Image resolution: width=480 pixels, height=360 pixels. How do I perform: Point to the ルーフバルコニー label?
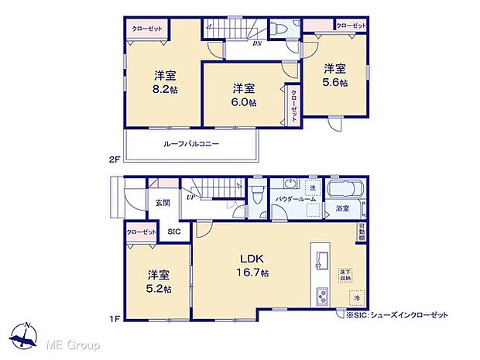click(190, 144)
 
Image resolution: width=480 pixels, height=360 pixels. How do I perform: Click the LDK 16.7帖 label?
click(253, 266)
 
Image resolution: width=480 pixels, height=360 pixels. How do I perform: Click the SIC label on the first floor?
click(174, 231)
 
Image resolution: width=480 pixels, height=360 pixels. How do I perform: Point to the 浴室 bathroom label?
click(342, 208)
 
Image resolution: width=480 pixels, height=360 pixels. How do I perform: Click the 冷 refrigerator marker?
click(357, 297)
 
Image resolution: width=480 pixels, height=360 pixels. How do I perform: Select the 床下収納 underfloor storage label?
click(345, 273)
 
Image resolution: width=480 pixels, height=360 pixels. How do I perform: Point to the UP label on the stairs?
click(190, 197)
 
